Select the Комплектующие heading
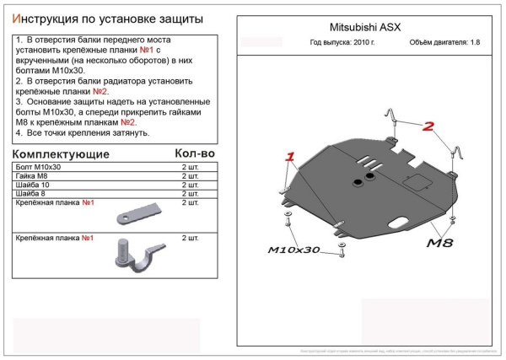(x=61, y=155)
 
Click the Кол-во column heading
(x=194, y=153)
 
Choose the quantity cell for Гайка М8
(x=190, y=176)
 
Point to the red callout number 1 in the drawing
(x=290, y=157)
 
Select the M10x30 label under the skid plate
(x=294, y=250)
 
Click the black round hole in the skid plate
(x=368, y=179)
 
